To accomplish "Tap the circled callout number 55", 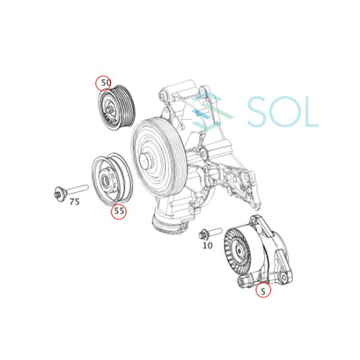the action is [x=119, y=211].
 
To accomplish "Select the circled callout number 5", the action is [x=263, y=292].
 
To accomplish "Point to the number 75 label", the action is [x=74, y=202].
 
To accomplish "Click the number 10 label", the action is [x=208, y=245].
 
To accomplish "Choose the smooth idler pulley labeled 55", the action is [x=112, y=178].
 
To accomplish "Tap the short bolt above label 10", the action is [x=211, y=233].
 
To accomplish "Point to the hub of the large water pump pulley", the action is [x=145, y=161].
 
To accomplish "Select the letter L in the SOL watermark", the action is [x=311, y=112].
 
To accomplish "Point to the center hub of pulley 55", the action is [x=106, y=179].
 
